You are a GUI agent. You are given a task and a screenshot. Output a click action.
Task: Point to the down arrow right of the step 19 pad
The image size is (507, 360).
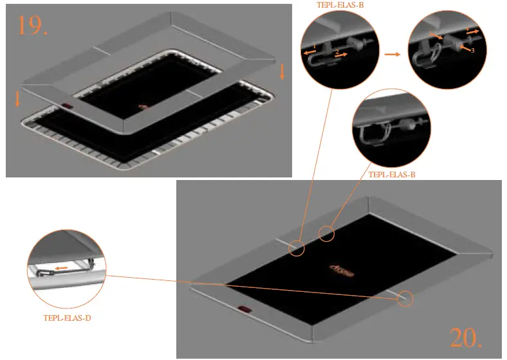[282, 73]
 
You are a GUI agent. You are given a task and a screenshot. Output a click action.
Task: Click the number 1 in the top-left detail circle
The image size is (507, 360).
[313, 46]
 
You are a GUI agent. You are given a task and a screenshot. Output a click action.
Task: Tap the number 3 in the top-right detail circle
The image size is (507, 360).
[472, 50]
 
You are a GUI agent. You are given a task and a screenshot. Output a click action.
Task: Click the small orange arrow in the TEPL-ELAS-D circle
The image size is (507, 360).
[62, 267]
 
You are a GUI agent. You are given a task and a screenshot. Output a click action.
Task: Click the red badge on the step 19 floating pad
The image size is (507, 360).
[68, 107]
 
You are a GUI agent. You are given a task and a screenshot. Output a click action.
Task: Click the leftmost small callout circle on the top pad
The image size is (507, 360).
[297, 247]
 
